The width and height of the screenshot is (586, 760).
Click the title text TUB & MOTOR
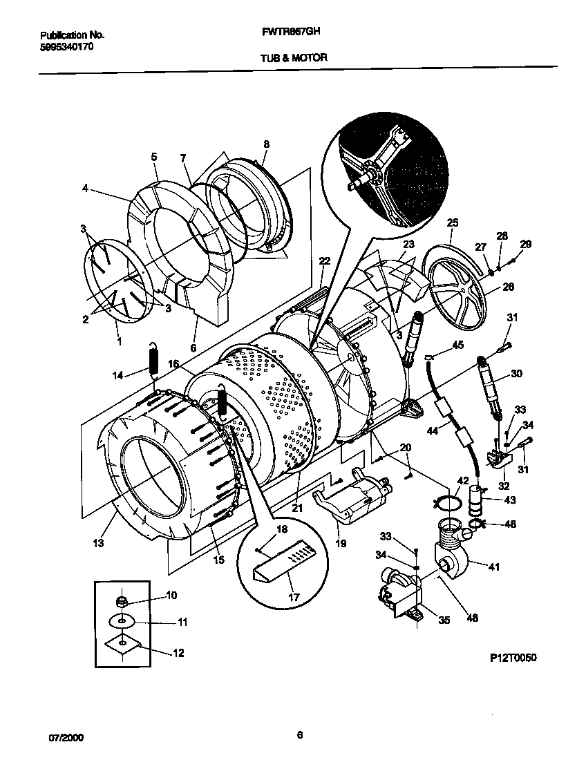(294, 59)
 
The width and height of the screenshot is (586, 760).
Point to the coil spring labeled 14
(154, 363)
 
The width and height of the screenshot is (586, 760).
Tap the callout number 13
(98, 543)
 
